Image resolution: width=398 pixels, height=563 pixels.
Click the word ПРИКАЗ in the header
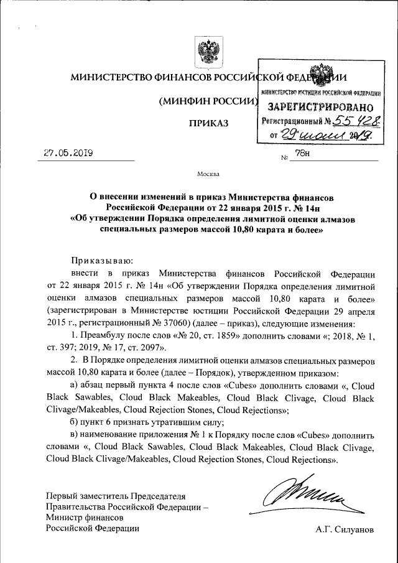tap(209, 124)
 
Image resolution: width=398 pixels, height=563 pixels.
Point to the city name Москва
tap(208, 173)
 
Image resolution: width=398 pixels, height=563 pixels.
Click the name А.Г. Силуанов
tap(345, 529)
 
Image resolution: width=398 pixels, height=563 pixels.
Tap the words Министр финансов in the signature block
tap(86, 517)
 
